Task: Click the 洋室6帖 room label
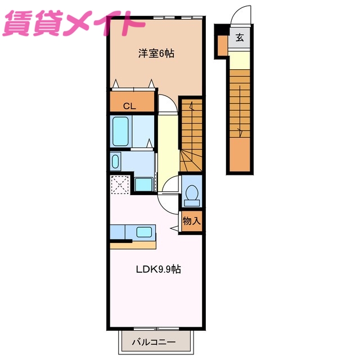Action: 156,53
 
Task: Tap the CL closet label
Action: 129,105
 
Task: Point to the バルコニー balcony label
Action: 154,341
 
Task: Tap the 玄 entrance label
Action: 239,38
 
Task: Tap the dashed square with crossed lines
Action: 120,184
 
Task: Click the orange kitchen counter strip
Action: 133,245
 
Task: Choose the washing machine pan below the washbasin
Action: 143,184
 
